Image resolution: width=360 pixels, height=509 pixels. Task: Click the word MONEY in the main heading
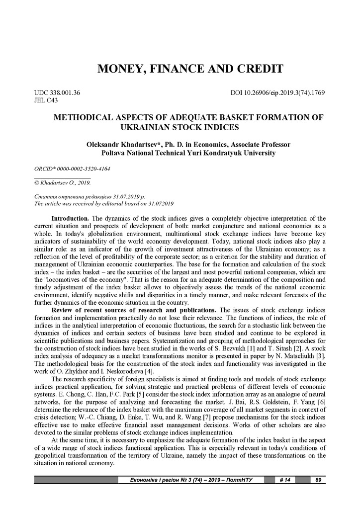pyautogui.click(x=117, y=69)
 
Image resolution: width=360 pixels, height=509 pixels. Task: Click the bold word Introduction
pyautogui.click(x=70, y=218)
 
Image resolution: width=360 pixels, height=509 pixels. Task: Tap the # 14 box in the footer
pyautogui.click(x=285, y=480)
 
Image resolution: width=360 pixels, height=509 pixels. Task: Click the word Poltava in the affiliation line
pyautogui.click(x=114, y=153)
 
